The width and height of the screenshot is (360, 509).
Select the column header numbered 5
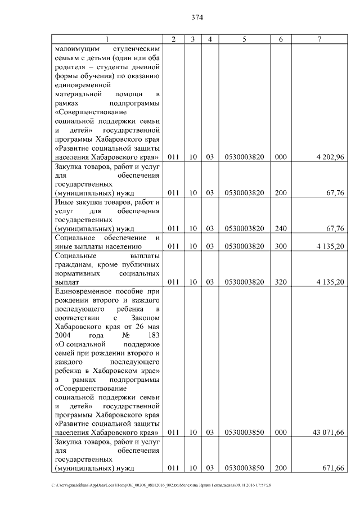(244, 39)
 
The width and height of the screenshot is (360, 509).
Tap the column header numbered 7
(319, 39)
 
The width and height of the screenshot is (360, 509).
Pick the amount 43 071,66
(328, 432)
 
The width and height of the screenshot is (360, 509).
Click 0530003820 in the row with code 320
(244, 282)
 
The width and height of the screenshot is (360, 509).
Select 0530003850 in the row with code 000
(244, 432)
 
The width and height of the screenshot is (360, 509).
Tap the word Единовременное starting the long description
(82, 291)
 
